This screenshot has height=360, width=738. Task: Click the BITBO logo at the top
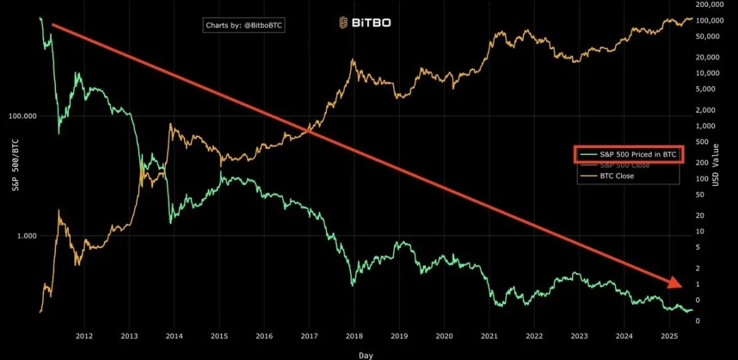[365, 23]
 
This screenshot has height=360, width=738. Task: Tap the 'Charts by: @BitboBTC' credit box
[245, 25]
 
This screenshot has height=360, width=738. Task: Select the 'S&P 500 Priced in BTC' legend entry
[627, 155]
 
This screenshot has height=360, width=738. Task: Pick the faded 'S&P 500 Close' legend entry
[624, 165]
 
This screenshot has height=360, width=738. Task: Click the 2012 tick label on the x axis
[84, 336]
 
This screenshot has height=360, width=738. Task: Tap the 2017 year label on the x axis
[310, 336]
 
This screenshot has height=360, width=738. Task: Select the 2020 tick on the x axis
[444, 336]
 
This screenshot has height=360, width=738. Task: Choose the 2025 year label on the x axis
[669, 336]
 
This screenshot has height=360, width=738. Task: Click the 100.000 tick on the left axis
[22, 117]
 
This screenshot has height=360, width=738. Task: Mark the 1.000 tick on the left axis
[25, 236]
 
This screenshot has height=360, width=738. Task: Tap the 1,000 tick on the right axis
[707, 126]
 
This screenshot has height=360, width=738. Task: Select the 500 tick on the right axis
[705, 142]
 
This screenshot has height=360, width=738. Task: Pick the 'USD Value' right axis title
[715, 164]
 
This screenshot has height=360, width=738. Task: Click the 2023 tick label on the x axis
[579, 336]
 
